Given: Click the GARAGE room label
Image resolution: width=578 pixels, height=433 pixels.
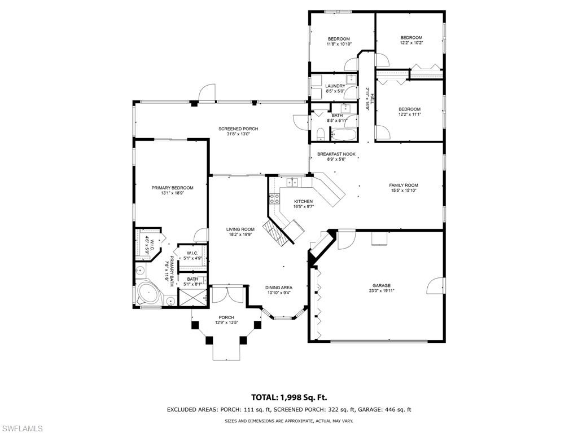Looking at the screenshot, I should [x=381, y=285].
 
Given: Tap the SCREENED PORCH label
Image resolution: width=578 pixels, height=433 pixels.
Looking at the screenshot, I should [x=238, y=129].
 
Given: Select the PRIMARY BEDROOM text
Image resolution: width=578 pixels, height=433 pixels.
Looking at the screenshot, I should [x=172, y=188].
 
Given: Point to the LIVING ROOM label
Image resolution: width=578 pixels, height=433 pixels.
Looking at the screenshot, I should [x=240, y=229].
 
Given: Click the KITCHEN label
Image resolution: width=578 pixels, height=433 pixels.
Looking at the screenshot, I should [x=303, y=201].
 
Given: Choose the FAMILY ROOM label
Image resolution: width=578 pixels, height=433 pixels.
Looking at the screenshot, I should [x=403, y=185].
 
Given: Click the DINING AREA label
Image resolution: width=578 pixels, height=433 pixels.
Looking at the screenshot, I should [x=279, y=288].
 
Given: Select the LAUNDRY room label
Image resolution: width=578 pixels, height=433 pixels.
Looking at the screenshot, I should [x=335, y=86].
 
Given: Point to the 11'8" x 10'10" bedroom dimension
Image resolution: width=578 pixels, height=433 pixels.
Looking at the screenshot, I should [x=339, y=44].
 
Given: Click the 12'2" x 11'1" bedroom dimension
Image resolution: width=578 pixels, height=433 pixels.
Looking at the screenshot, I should [x=409, y=114].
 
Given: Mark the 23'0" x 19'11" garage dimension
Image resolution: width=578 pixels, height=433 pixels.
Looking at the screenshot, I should [x=381, y=291].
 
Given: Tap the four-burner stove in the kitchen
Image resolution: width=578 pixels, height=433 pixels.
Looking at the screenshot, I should [x=275, y=198].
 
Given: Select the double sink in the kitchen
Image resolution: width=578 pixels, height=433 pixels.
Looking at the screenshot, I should [x=292, y=182].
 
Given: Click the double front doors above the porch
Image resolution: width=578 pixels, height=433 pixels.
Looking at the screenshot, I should [x=227, y=295].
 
